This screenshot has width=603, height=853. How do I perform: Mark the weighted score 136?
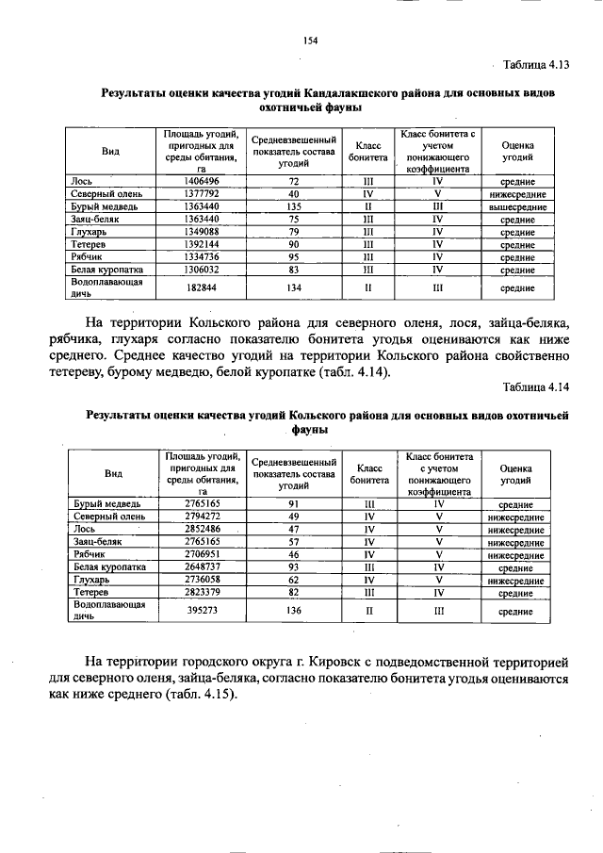[294, 611]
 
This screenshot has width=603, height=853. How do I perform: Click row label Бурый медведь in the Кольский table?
[107, 504]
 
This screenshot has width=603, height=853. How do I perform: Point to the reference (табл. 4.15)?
[202, 697]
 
